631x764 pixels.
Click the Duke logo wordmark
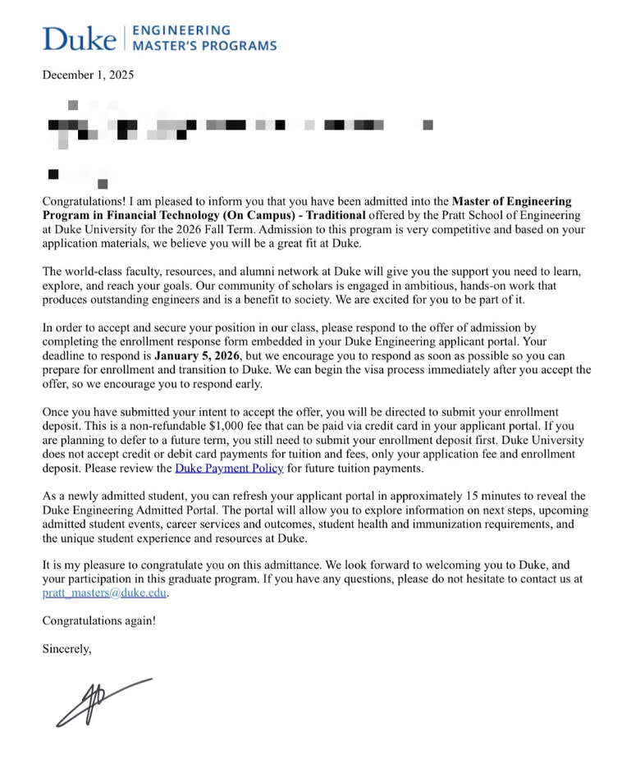click(79, 38)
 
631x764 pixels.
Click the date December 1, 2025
click(88, 75)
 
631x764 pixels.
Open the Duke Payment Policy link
click(229, 469)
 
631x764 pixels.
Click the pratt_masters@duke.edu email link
click(104, 593)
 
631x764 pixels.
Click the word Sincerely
click(67, 648)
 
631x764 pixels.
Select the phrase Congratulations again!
click(98, 620)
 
